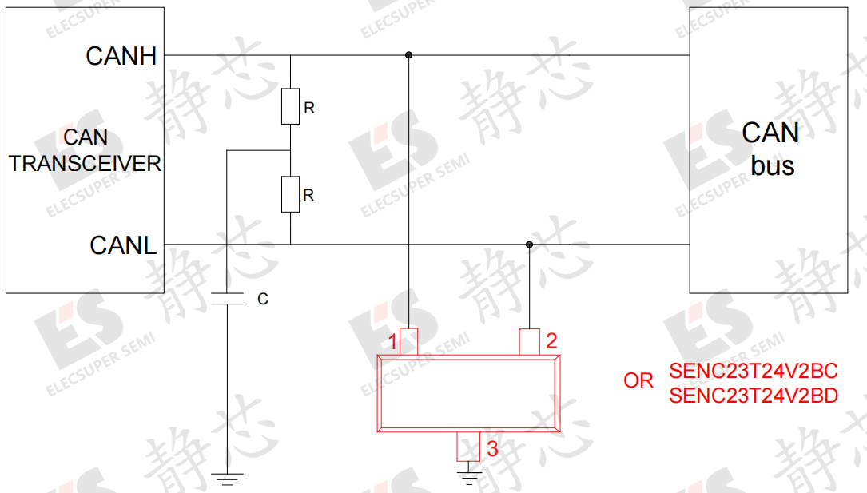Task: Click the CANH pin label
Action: pyautogui.click(x=121, y=56)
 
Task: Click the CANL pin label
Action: pyautogui.click(x=123, y=245)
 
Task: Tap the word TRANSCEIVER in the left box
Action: pyautogui.click(x=86, y=164)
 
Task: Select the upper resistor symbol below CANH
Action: pyautogui.click(x=290, y=106)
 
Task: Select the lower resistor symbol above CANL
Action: pyautogui.click(x=290, y=194)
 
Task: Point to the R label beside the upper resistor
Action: pyautogui.click(x=309, y=109)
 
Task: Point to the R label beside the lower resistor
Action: pyautogui.click(x=308, y=195)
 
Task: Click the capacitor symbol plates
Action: pyautogui.click(x=227, y=299)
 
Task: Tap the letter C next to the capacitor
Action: pyautogui.click(x=263, y=299)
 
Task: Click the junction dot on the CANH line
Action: pyautogui.click(x=408, y=54)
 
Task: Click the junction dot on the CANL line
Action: pyautogui.click(x=529, y=245)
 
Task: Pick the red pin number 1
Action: pyautogui.click(x=392, y=342)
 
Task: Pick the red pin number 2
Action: pyautogui.click(x=551, y=341)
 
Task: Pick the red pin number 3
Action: pyautogui.click(x=492, y=449)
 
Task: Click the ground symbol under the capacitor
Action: pyautogui.click(x=227, y=479)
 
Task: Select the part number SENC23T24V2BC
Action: pyautogui.click(x=753, y=371)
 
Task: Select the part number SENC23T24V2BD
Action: pyautogui.click(x=753, y=396)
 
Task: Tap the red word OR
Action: pyautogui.click(x=638, y=380)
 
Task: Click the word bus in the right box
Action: pyautogui.click(x=773, y=166)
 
